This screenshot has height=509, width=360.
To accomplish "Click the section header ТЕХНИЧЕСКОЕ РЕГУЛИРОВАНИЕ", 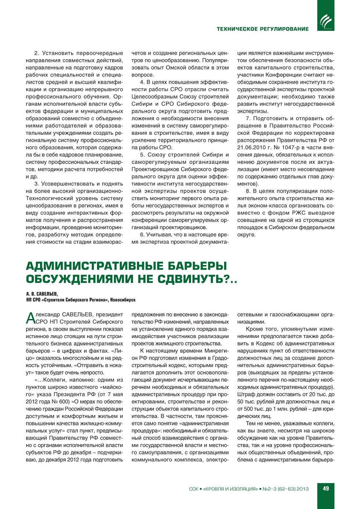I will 263,29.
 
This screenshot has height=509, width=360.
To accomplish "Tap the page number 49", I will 326,488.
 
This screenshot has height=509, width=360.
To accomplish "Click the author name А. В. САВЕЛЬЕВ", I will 42,294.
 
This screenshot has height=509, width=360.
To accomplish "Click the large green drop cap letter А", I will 30,318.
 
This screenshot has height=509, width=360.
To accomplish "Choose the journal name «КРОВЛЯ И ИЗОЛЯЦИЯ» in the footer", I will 230,489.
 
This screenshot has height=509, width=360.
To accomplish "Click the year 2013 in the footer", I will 302,489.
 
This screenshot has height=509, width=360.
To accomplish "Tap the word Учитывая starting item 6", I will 158,234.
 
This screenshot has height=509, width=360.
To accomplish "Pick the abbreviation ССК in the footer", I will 194,489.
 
